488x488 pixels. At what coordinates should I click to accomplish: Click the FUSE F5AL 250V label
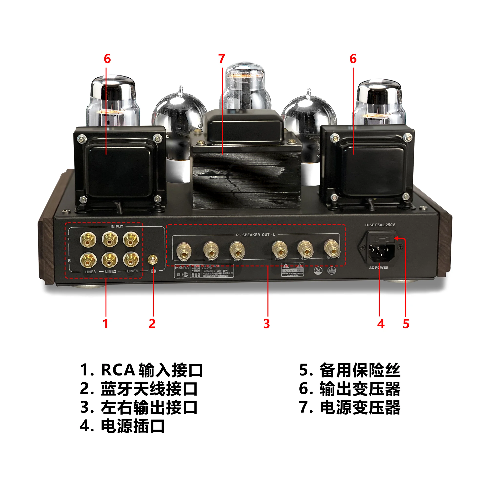[379, 225]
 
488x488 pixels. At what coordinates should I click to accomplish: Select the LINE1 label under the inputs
[132, 271]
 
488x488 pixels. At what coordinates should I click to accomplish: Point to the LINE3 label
[90, 272]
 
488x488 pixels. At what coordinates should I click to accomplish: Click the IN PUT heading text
[117, 227]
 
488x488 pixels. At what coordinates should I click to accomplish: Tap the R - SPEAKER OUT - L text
[256, 235]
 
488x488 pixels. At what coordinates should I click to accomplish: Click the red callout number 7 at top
[222, 59]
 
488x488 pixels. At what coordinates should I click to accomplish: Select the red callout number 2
[152, 324]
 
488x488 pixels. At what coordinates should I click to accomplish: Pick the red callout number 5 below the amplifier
[406, 324]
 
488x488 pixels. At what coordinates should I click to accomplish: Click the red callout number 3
[266, 324]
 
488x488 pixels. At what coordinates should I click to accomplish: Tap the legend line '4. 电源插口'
[122, 426]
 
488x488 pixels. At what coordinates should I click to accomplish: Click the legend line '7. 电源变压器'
[350, 408]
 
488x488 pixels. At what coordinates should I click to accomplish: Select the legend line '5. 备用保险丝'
[350, 370]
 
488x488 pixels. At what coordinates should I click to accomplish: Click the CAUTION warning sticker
[293, 270]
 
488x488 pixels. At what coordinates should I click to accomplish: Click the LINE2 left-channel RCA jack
[110, 239]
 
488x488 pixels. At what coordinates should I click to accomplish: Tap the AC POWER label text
[378, 268]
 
